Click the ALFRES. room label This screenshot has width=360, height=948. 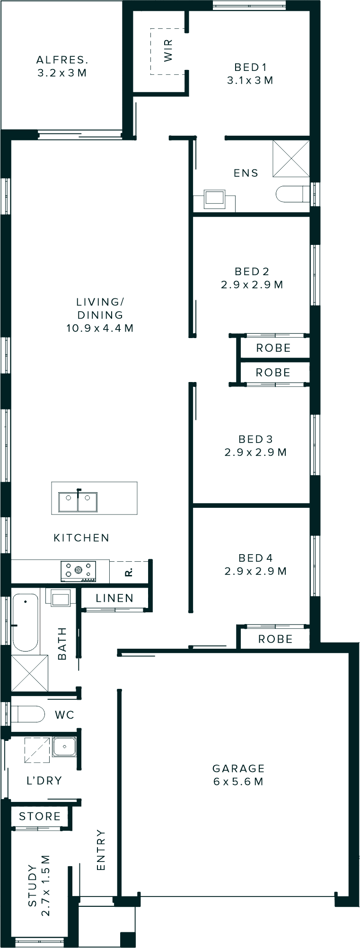pyautogui.click(x=62, y=60)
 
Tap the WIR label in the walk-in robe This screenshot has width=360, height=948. pyautogui.click(x=168, y=51)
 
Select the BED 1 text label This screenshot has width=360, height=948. pyautogui.click(x=250, y=67)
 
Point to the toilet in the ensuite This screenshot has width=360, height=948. pyautogui.click(x=291, y=194)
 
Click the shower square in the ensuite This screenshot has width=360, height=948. pyautogui.click(x=291, y=158)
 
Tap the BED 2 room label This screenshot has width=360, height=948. pyautogui.click(x=252, y=271)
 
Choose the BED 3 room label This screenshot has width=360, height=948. pyautogui.click(x=255, y=439)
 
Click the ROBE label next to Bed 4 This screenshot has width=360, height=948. pyautogui.click(x=275, y=639)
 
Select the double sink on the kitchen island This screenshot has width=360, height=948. pyautogui.click(x=78, y=502)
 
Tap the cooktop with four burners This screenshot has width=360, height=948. pyautogui.click(x=78, y=571)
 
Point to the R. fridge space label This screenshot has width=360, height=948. pyautogui.click(x=129, y=572)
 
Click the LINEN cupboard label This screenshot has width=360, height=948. pyautogui.click(x=114, y=598)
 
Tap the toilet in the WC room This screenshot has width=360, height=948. pyautogui.click(x=27, y=714)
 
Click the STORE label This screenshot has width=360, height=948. pyautogui.click(x=40, y=817)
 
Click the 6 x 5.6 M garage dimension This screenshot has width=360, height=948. pyautogui.click(x=238, y=782)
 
